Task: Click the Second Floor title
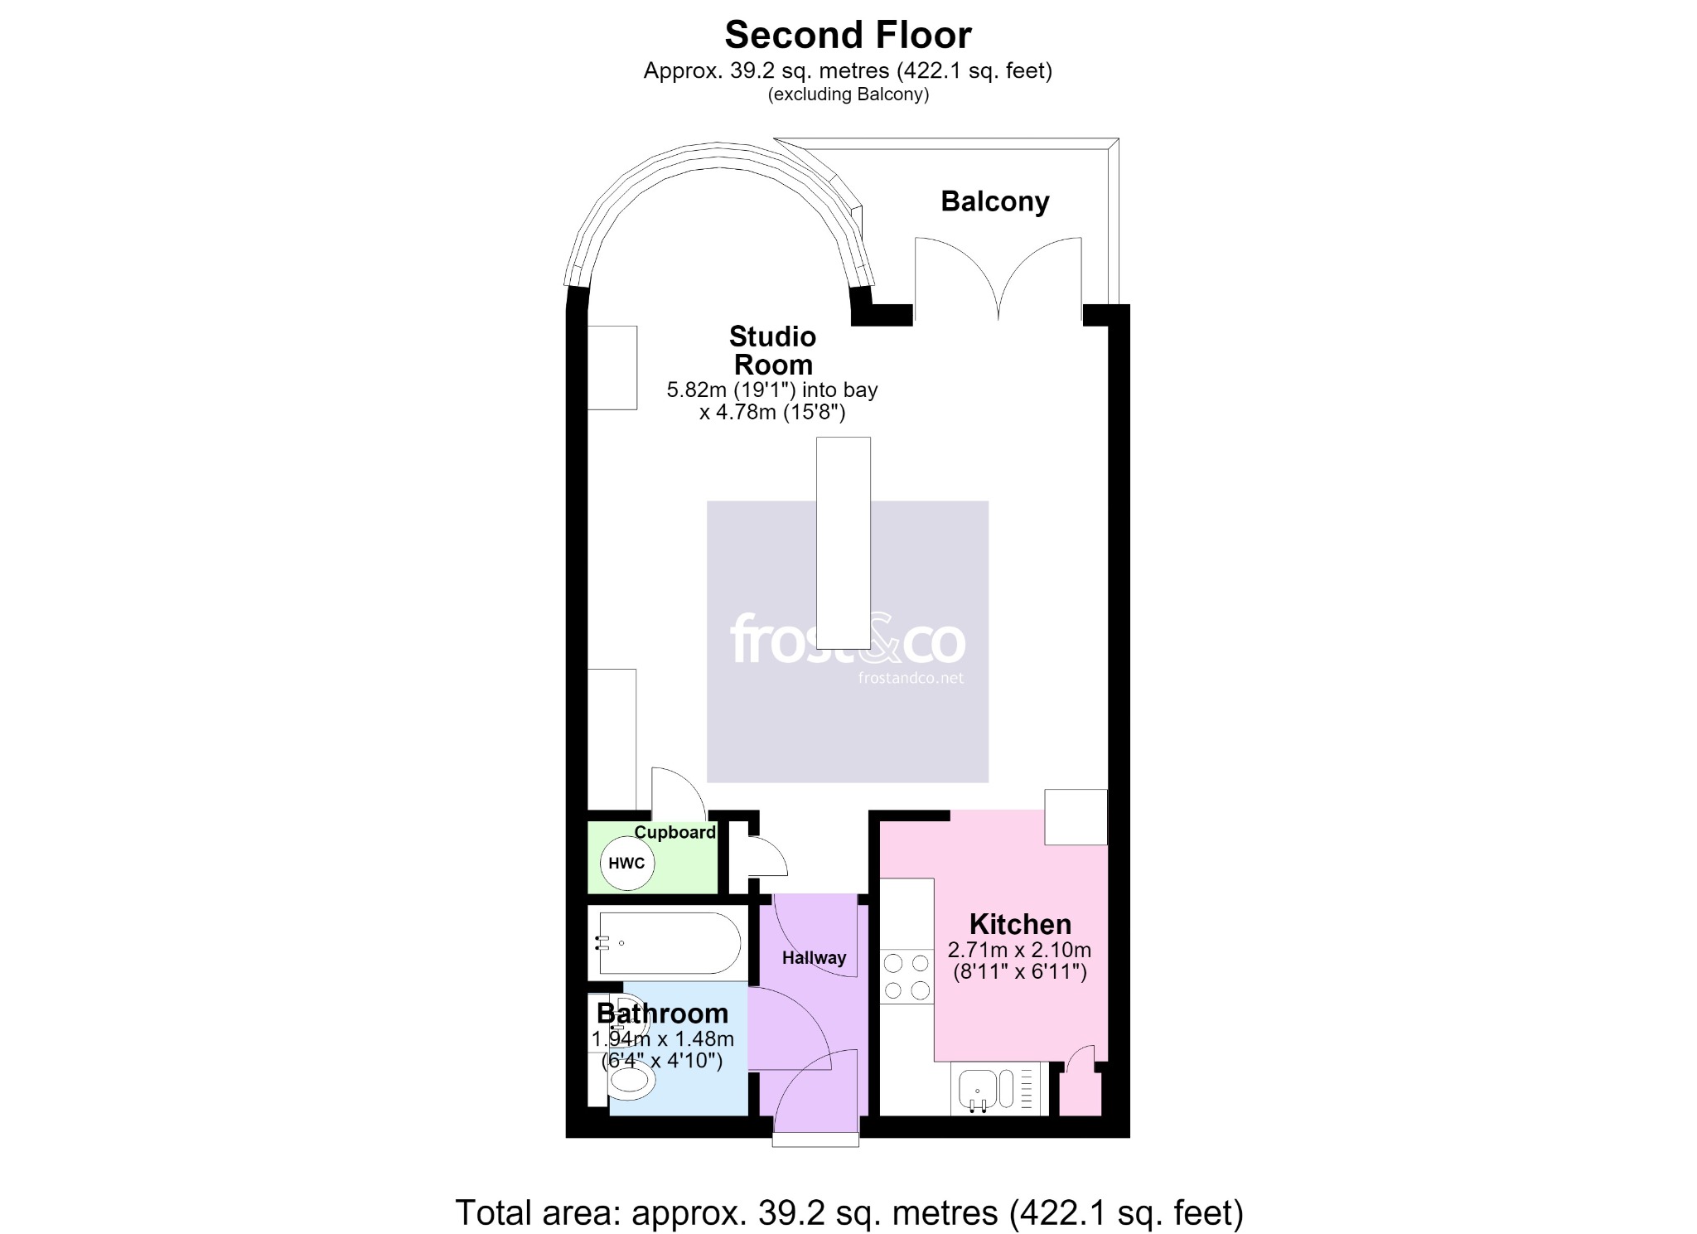tap(848, 35)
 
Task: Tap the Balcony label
tap(995, 201)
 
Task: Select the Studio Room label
tap(773, 351)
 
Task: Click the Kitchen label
tap(1020, 924)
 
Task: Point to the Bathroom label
tap(662, 1014)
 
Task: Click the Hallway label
tap(815, 958)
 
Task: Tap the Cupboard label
tap(675, 832)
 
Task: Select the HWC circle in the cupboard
tap(627, 864)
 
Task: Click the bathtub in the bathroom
tap(669, 943)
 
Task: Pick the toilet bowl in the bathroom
tap(631, 1082)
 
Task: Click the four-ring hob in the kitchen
tap(907, 977)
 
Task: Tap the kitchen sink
tap(986, 1089)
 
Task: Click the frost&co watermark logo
tap(848, 639)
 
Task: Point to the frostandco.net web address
tap(911, 678)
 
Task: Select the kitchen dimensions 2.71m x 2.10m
tap(1020, 951)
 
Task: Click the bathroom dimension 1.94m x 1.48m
tap(662, 1039)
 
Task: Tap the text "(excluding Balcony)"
tap(848, 94)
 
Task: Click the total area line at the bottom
tap(849, 1212)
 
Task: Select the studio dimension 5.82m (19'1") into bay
tap(772, 390)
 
